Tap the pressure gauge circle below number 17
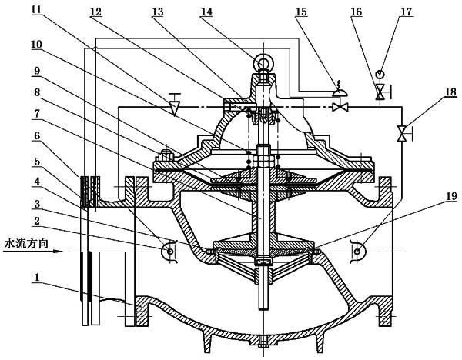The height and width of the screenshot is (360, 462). pos(380,75)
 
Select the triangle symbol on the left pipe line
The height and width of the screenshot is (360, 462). pos(174,106)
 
